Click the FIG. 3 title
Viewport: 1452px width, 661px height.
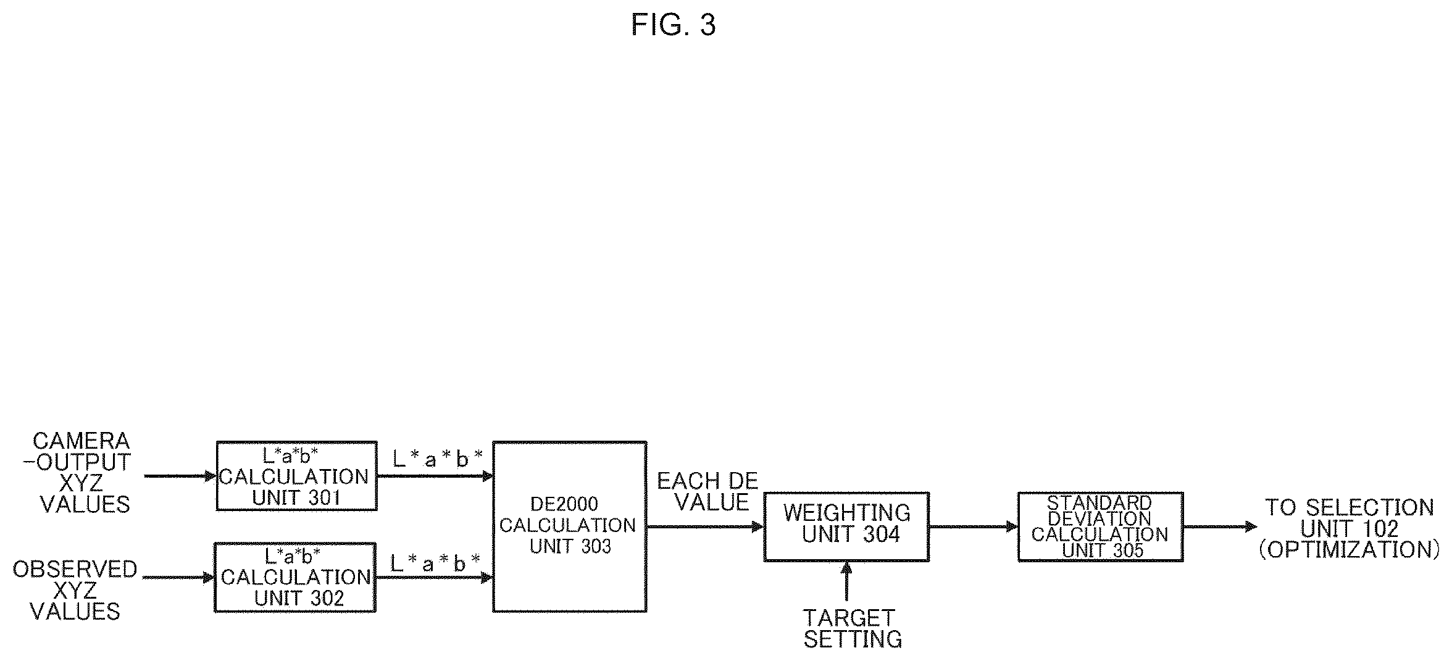[673, 25]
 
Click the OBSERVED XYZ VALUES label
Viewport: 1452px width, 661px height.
[75, 590]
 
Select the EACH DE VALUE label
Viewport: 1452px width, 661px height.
[707, 492]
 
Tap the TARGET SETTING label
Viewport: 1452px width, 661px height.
[852, 628]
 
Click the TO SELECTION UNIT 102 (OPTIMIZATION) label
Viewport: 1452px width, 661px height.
[1349, 528]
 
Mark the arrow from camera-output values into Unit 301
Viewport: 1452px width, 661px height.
[180, 476]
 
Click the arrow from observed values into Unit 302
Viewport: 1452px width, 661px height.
[178, 578]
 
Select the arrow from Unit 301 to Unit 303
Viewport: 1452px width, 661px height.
[435, 476]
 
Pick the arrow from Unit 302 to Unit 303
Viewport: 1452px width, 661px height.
[434, 578]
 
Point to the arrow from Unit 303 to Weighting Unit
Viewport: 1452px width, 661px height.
[705, 527]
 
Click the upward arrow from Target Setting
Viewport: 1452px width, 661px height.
[846, 581]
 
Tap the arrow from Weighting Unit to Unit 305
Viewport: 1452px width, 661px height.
[974, 527]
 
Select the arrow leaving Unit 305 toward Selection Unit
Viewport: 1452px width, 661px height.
[1220, 527]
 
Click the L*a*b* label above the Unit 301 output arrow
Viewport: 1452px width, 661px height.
[437, 459]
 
